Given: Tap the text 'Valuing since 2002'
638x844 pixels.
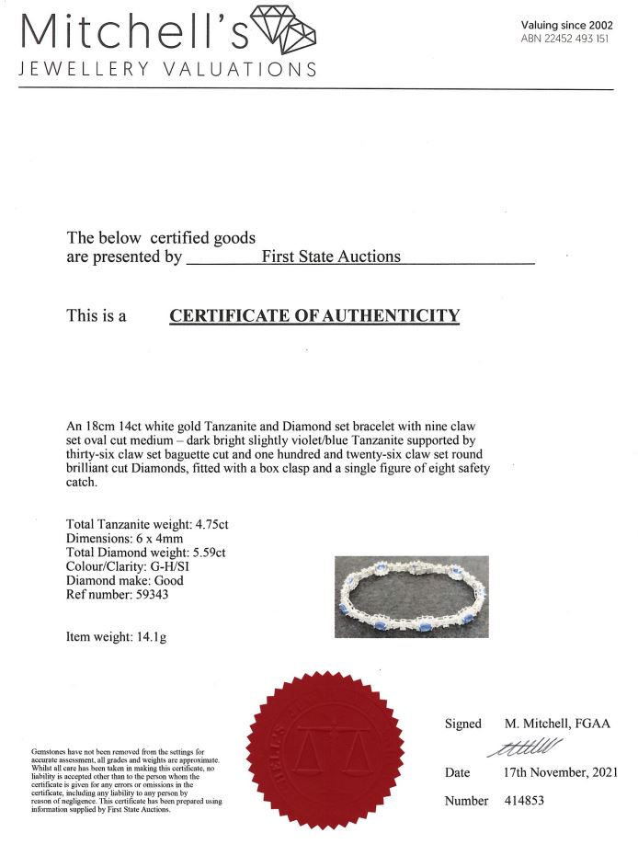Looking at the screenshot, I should pyautogui.click(x=565, y=25).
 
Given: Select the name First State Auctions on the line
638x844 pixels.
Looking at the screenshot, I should pyautogui.click(x=331, y=257).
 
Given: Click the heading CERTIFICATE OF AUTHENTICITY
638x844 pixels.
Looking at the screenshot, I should pyautogui.click(x=314, y=316).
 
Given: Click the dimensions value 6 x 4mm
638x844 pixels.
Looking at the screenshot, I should pyautogui.click(x=163, y=538).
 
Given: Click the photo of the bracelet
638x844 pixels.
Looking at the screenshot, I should pyautogui.click(x=410, y=597).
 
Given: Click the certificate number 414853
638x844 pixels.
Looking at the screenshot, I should pyautogui.click(x=525, y=800).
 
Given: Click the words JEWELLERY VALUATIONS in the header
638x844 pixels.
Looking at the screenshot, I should pyautogui.click(x=168, y=69).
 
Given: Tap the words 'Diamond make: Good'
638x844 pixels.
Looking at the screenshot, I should pyautogui.click(x=125, y=580).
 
